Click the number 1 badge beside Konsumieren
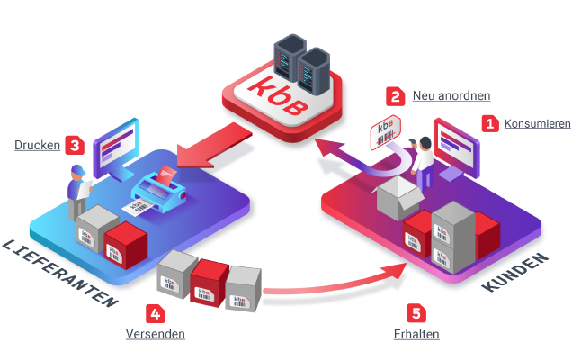click(490, 123)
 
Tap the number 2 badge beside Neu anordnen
click(396, 95)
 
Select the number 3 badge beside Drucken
click(75, 145)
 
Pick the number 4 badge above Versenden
click(156, 314)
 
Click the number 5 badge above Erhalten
click(416, 314)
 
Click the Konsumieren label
click(537, 124)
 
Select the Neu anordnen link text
click(451, 96)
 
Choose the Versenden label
click(156, 335)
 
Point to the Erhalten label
click(416, 335)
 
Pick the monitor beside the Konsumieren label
click(458, 144)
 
